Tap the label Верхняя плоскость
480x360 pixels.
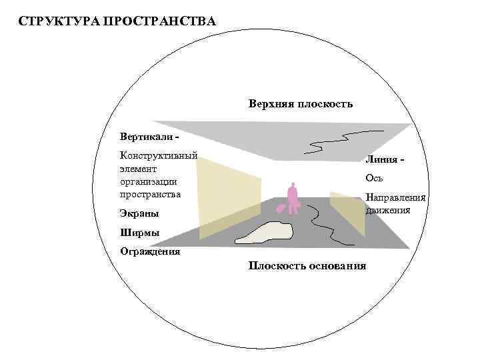click(x=301, y=104)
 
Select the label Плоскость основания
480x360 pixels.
click(x=307, y=266)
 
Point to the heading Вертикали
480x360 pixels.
click(x=147, y=137)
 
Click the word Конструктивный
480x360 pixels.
click(x=158, y=156)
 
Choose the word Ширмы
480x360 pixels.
click(x=139, y=233)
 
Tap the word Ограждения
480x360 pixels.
click(x=150, y=251)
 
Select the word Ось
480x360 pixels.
click(x=374, y=179)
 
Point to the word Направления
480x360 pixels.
click(x=396, y=198)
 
